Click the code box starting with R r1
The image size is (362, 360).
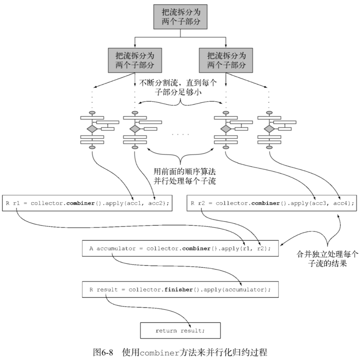88,203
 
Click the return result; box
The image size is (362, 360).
180,331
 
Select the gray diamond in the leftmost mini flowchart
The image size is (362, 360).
92,129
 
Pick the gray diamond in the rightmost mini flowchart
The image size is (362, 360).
270,129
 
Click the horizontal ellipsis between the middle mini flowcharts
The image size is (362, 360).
181,134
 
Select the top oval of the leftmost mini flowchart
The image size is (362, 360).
92,112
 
